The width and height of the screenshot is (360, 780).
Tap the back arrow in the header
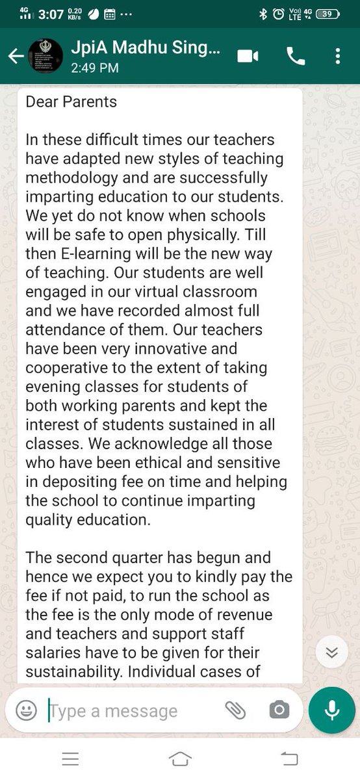16,57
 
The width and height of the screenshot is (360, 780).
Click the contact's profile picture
45,57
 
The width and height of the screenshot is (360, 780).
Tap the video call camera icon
247,57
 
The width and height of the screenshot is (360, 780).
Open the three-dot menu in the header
337,57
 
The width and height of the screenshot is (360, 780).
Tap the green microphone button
332,710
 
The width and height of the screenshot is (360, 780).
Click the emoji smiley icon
26,710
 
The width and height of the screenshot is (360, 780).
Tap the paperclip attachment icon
235,710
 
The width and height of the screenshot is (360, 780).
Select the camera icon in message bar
279,710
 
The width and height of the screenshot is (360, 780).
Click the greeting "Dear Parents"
71,102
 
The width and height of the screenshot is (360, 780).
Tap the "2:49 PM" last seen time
96,68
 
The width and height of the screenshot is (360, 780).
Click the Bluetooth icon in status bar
263,14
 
